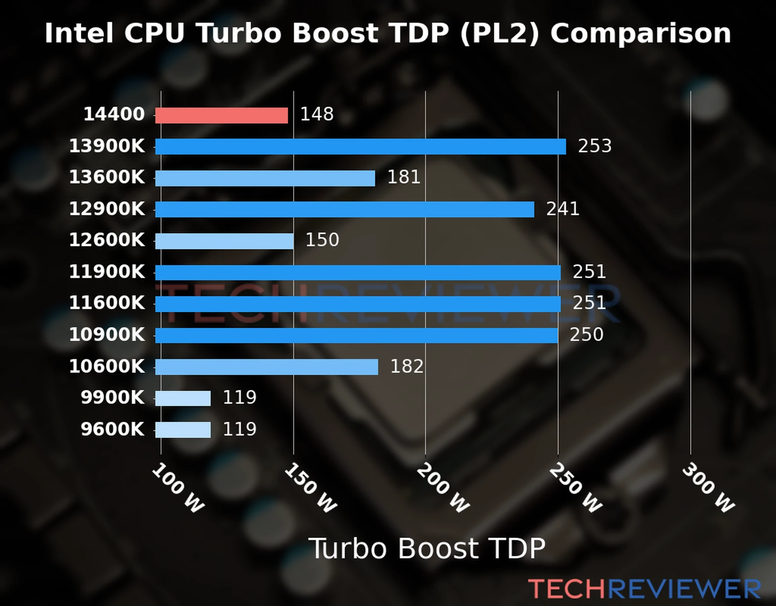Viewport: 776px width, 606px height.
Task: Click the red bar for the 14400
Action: [x=221, y=116]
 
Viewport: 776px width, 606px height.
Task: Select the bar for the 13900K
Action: [x=360, y=147]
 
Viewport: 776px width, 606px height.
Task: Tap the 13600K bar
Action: [x=265, y=178]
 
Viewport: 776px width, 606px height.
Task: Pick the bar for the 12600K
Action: [x=224, y=241]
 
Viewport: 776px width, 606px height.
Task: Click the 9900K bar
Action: [x=183, y=398]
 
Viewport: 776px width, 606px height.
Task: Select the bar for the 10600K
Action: [x=266, y=367]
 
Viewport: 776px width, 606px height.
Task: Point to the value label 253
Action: [x=595, y=146]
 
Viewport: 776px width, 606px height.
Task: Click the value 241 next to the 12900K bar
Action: [x=562, y=209]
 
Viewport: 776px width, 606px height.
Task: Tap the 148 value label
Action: [x=317, y=114]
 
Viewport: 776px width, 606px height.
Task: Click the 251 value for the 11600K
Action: [x=589, y=303]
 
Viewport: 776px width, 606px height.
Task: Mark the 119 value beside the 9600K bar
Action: [x=239, y=429]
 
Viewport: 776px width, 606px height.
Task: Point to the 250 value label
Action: [x=587, y=334]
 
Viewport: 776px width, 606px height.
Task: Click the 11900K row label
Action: [x=107, y=272]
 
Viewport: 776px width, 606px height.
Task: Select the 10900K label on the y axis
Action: [x=107, y=334]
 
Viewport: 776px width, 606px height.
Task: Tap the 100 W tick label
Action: [x=178, y=488]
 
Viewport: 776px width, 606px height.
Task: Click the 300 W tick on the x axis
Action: [x=708, y=488]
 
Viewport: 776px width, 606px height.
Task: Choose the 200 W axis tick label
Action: [x=443, y=488]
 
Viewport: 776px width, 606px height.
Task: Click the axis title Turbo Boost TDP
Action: [x=427, y=548]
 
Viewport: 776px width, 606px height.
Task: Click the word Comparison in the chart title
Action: [x=640, y=33]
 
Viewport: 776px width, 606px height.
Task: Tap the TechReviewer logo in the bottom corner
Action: [x=644, y=589]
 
